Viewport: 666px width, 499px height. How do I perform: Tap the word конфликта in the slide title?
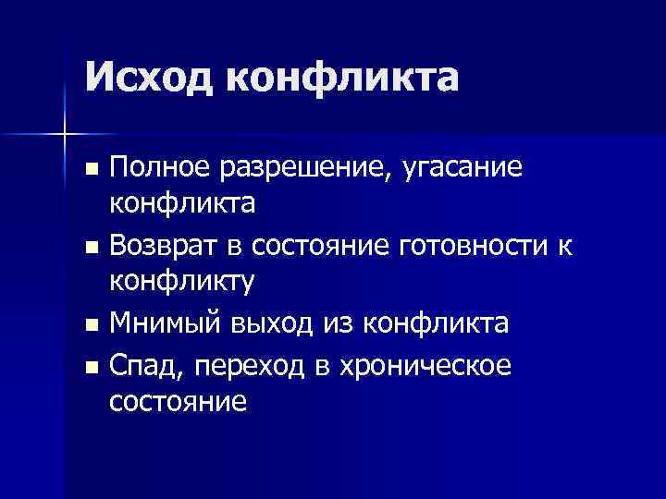point(341,76)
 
